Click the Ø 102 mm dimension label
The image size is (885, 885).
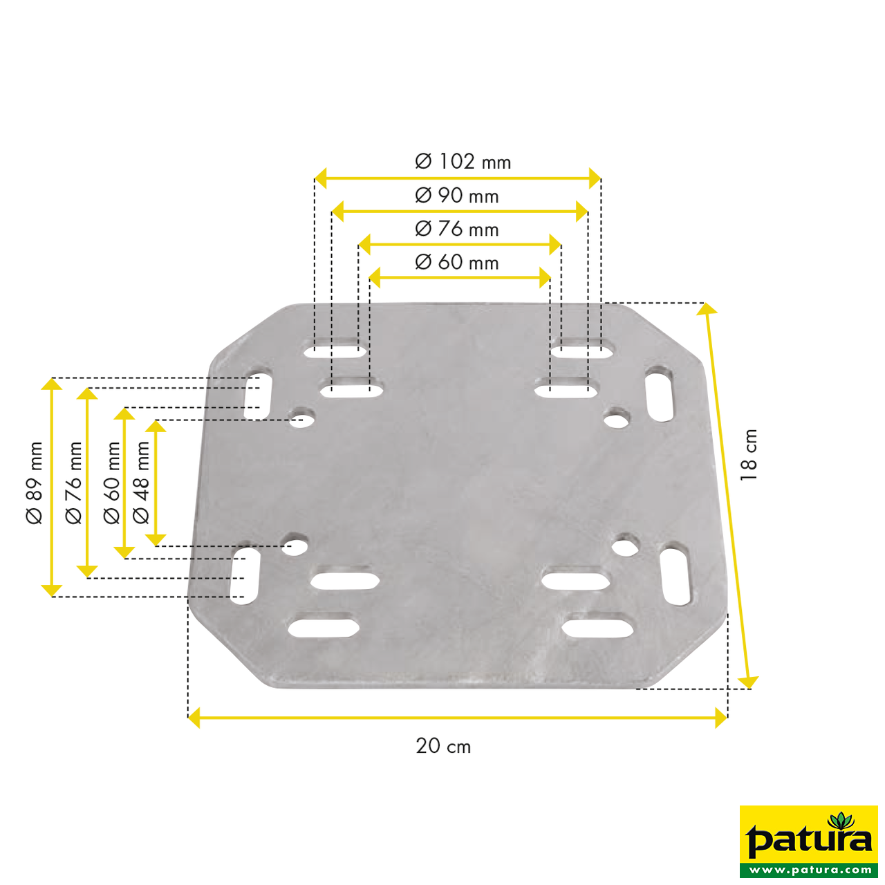pos(463,162)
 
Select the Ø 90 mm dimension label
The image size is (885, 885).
pos(457,196)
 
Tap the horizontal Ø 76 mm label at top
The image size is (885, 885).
pos(457,229)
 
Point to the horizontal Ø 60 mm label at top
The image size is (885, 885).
pos(457,262)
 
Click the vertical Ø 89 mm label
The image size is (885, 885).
pos(35,483)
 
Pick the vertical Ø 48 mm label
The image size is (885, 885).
pos(141,483)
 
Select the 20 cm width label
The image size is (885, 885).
pos(443,746)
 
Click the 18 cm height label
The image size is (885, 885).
pos(749,454)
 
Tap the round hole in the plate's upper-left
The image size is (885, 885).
pos(301,418)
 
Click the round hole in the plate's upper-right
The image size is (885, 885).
pos(616,418)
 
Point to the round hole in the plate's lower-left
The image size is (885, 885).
pos(295,546)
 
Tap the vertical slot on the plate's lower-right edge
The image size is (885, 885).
pos(676,576)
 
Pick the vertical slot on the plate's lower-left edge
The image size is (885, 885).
pos(245,576)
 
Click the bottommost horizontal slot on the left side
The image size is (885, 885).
pos(324,628)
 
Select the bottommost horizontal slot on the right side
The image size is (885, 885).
pos(598,628)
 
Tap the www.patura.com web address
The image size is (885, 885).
pos(809,870)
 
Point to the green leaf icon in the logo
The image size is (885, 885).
pos(841,821)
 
